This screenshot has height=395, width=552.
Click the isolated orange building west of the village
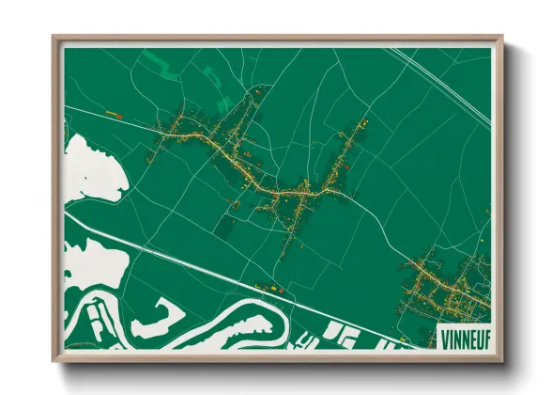pyautogui.click(x=116, y=115)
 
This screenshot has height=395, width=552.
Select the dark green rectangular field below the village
pyautogui.click(x=226, y=226)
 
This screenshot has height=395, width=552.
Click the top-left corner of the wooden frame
pyautogui.click(x=54, y=39)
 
